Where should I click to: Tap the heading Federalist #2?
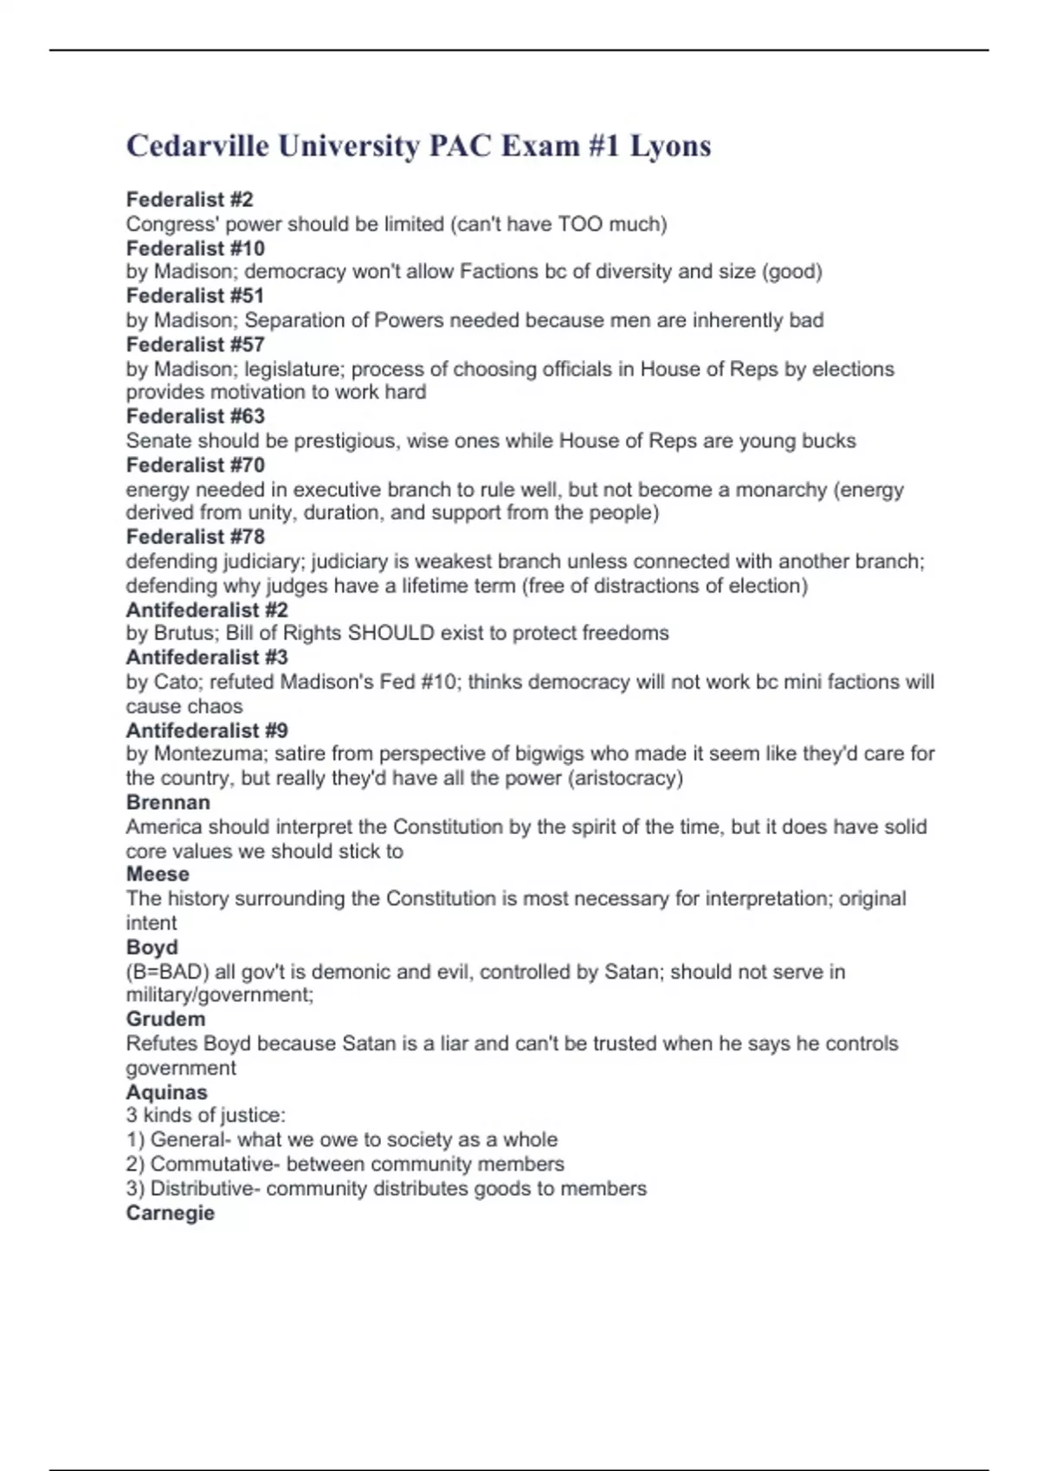pyautogui.click(x=190, y=200)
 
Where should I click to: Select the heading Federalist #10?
pyautogui.click(x=195, y=248)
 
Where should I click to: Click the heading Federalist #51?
pyautogui.click(x=195, y=296)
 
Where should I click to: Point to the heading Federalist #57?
pyautogui.click(x=195, y=344)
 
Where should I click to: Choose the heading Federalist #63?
pyautogui.click(x=195, y=416)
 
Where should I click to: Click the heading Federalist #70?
pyautogui.click(x=195, y=465)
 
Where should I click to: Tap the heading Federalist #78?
pyautogui.click(x=195, y=536)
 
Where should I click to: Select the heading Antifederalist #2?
pyautogui.click(x=207, y=609)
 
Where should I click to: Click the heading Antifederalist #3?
pyautogui.click(x=207, y=657)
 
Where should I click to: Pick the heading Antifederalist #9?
pyautogui.click(x=207, y=730)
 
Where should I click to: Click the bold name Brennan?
pyautogui.click(x=168, y=802)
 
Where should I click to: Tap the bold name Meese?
pyautogui.click(x=158, y=874)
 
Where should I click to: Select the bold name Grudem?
pyautogui.click(x=165, y=1018)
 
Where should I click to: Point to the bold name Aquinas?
pyautogui.click(x=166, y=1092)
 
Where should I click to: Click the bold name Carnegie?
pyautogui.click(x=170, y=1212)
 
